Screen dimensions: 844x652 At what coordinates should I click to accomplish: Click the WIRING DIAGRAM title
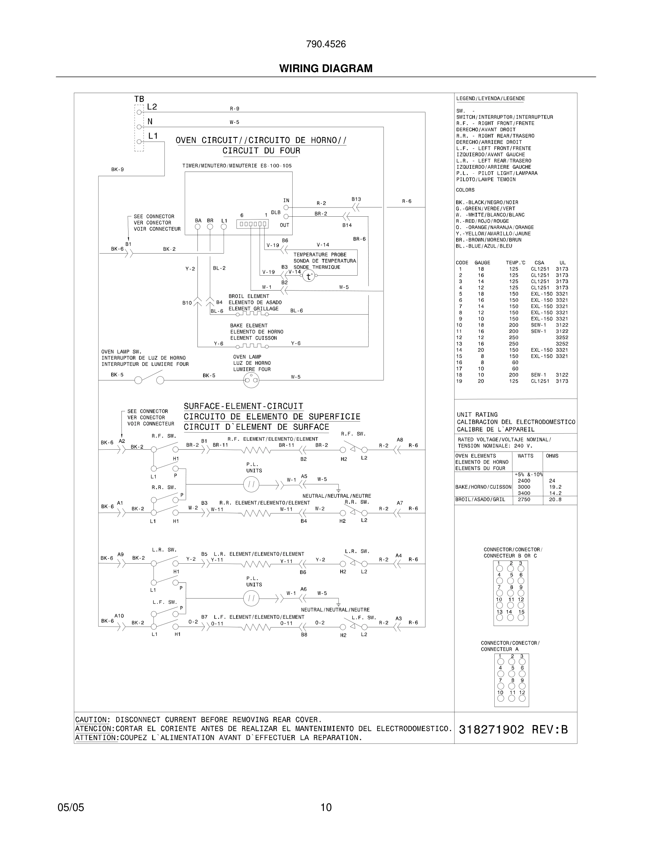(326, 69)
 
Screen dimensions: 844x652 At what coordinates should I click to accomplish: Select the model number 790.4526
(326, 44)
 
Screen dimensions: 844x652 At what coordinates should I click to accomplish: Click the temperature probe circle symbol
(308, 276)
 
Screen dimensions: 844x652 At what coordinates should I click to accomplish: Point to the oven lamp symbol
(251, 381)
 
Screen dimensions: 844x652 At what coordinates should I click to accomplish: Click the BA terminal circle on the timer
(198, 227)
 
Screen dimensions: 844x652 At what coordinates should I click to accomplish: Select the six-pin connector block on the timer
(252, 224)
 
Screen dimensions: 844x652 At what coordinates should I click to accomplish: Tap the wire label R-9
(234, 109)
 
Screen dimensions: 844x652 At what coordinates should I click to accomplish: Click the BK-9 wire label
(118, 170)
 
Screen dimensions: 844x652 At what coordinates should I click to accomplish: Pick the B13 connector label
(356, 199)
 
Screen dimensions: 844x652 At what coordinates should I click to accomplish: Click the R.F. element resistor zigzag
(256, 450)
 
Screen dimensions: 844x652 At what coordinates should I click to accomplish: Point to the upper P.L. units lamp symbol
(251, 484)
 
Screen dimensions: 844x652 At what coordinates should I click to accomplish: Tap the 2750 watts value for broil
(524, 500)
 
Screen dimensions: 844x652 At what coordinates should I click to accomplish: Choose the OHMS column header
(552, 456)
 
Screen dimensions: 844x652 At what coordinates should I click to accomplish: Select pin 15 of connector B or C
(521, 617)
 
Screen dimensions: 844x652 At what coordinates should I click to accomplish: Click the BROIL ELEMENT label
(248, 296)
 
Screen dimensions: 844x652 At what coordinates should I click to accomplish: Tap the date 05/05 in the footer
(71, 807)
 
